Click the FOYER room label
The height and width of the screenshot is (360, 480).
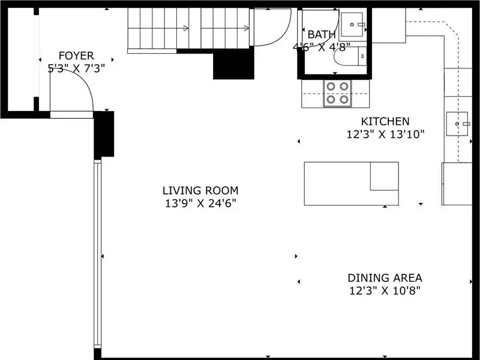(x=76, y=56)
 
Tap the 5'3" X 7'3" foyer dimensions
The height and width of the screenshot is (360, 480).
(x=77, y=68)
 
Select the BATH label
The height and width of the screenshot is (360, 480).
(x=322, y=35)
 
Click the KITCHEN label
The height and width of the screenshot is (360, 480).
(x=385, y=122)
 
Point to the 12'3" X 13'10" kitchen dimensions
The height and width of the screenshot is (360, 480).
(x=385, y=134)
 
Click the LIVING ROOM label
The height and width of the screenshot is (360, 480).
(x=200, y=190)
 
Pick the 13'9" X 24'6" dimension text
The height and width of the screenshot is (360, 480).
(x=200, y=203)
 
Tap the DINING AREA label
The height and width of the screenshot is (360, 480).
(x=385, y=278)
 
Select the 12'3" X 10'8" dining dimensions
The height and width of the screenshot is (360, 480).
(x=385, y=290)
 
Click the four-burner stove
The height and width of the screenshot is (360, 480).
(x=337, y=93)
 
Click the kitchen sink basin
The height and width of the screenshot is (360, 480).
(x=457, y=124)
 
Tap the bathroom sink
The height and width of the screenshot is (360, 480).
(x=352, y=24)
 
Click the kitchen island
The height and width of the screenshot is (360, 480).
(x=352, y=184)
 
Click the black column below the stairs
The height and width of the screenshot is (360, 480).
(x=233, y=63)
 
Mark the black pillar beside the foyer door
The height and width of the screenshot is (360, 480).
(x=104, y=134)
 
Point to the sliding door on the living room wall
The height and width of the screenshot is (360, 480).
(x=97, y=254)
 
